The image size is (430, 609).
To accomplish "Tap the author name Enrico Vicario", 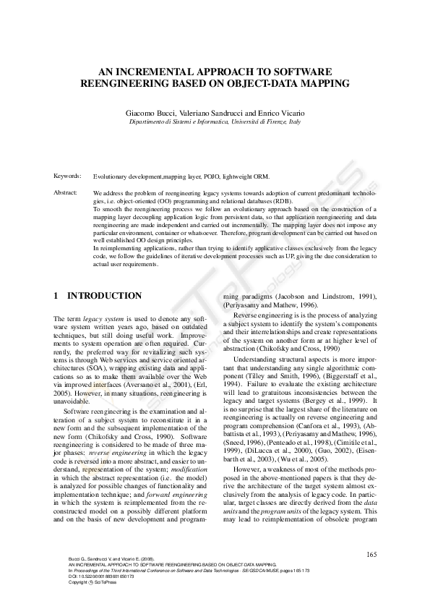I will pos(280,114).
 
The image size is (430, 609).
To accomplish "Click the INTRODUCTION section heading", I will pos(104,296).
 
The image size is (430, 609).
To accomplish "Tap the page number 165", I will pos(371,555).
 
